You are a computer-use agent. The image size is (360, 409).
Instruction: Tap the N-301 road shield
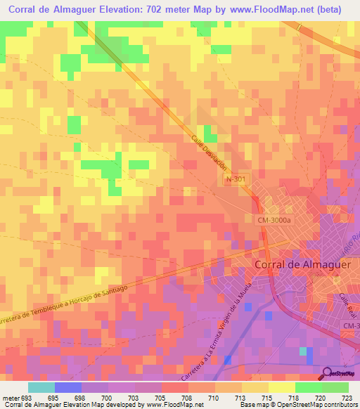(x=236, y=180)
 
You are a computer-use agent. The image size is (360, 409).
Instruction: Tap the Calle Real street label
(x=347, y=308)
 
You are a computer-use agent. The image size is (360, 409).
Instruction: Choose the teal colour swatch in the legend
(x=41, y=387)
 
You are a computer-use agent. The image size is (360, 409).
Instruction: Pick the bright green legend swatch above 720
(x=309, y=387)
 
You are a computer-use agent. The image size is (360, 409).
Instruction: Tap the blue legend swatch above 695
(x=68, y=387)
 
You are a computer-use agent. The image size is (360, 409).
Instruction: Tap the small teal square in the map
(x=303, y=351)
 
